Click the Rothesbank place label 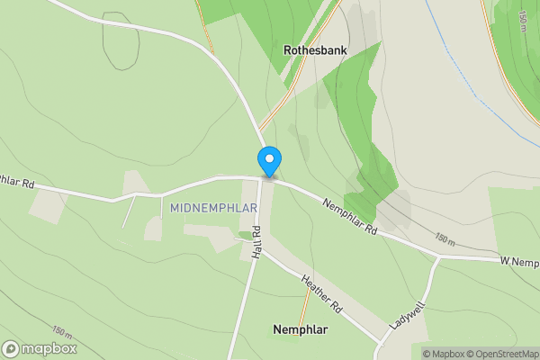(316, 51)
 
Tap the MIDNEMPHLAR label (214, 208)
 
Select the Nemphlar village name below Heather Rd (300, 330)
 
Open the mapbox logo (39, 348)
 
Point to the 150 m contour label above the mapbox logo (63, 329)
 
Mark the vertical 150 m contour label (523, 19)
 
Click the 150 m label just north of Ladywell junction (444, 241)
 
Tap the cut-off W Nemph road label (520, 261)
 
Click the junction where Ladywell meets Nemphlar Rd (438, 256)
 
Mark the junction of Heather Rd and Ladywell (382, 342)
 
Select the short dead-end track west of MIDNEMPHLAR (129, 212)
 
